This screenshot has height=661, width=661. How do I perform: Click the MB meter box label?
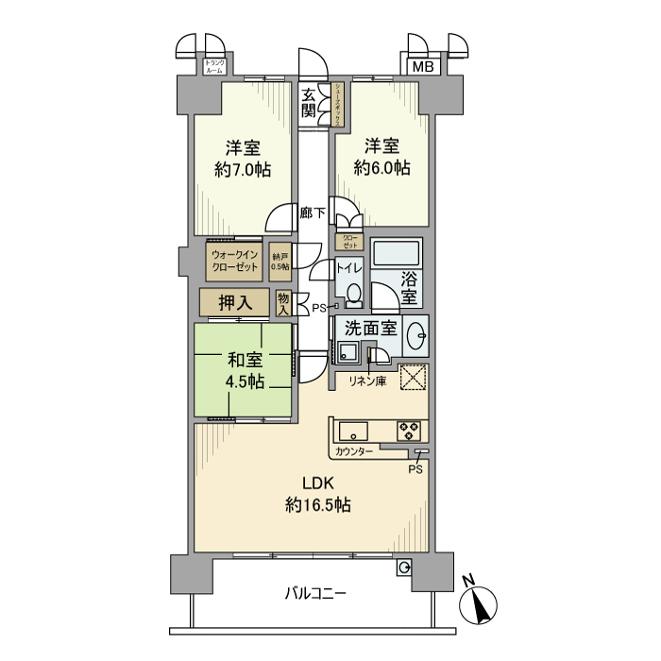pos(423,66)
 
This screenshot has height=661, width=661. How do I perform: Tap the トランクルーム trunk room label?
pos(214,66)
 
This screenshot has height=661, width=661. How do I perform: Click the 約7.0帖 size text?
pos(243,170)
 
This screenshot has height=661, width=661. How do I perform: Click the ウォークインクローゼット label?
pos(235,261)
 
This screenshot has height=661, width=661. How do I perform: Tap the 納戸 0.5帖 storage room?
pos(280,262)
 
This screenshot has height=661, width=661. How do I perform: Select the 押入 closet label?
pos(233,303)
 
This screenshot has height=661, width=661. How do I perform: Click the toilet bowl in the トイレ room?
pos(353,296)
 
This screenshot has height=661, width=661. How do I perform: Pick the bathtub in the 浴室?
pos(398,255)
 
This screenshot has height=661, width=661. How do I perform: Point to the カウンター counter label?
pos(354,452)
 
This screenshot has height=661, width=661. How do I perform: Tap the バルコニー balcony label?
pos(316,594)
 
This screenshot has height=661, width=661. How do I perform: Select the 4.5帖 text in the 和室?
pos(244,381)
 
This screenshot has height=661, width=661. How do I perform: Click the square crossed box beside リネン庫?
pos(414,378)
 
